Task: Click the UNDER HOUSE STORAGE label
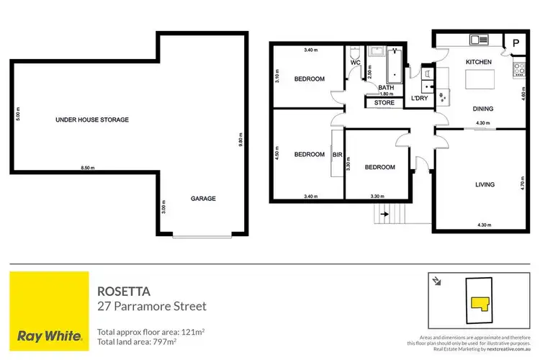pos(92,120)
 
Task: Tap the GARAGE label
pos(203,199)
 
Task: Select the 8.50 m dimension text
pos(88,168)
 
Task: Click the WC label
pos(355,63)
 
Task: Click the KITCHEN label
pos(478,63)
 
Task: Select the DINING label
pos(483,109)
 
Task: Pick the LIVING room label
pos(485,185)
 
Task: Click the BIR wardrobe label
pos(337,153)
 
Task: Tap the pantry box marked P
pos(516,42)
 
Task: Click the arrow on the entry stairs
pos(384,214)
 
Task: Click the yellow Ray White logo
pos(48,310)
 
